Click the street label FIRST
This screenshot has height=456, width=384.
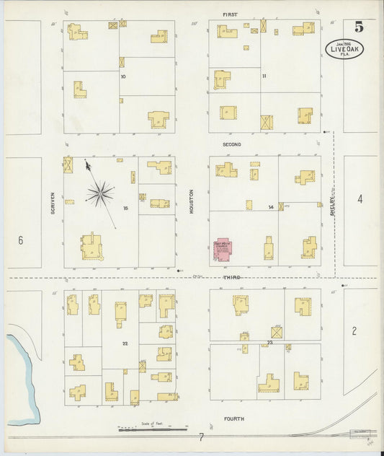[230, 14]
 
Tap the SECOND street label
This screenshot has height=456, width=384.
[231, 144]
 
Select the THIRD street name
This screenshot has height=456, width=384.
[231, 277]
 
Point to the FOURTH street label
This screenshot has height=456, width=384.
[233, 418]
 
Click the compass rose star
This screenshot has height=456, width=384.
[100, 193]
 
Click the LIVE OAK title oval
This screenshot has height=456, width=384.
[344, 49]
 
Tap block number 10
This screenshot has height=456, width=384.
[123, 76]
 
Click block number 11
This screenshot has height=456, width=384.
[264, 76]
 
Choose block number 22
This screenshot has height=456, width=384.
[125, 343]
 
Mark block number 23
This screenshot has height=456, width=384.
[270, 341]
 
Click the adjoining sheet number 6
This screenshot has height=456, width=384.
[20, 240]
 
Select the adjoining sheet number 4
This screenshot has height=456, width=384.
[360, 198]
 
